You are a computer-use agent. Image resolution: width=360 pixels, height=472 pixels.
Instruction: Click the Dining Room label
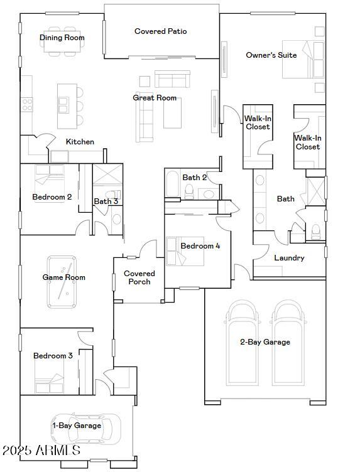pos(62,38)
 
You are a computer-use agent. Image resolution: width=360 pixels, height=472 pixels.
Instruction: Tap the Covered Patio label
pos(160,31)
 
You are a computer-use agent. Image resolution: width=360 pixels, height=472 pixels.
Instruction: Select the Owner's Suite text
pos(271,55)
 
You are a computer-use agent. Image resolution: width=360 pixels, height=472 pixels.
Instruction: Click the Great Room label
pos(155,98)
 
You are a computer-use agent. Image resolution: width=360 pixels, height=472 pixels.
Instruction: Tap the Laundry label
pos(289,258)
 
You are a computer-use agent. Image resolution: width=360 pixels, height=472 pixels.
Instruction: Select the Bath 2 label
pos(195,178)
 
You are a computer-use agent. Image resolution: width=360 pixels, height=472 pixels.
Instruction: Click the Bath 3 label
pos(106,201)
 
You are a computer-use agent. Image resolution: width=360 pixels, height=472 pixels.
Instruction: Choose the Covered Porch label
pos(139,277)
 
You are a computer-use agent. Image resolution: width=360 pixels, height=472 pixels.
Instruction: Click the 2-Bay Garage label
pos(265,342)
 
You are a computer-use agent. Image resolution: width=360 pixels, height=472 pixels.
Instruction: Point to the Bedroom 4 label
pos(200,246)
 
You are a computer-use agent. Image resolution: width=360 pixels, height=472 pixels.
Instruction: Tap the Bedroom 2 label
pos(52,197)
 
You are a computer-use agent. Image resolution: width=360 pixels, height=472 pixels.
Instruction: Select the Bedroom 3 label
pos(53,356)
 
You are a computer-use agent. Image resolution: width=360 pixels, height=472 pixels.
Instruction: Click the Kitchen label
pos(80,142)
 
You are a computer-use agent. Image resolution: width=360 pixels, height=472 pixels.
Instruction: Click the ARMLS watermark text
pos(41,451)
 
